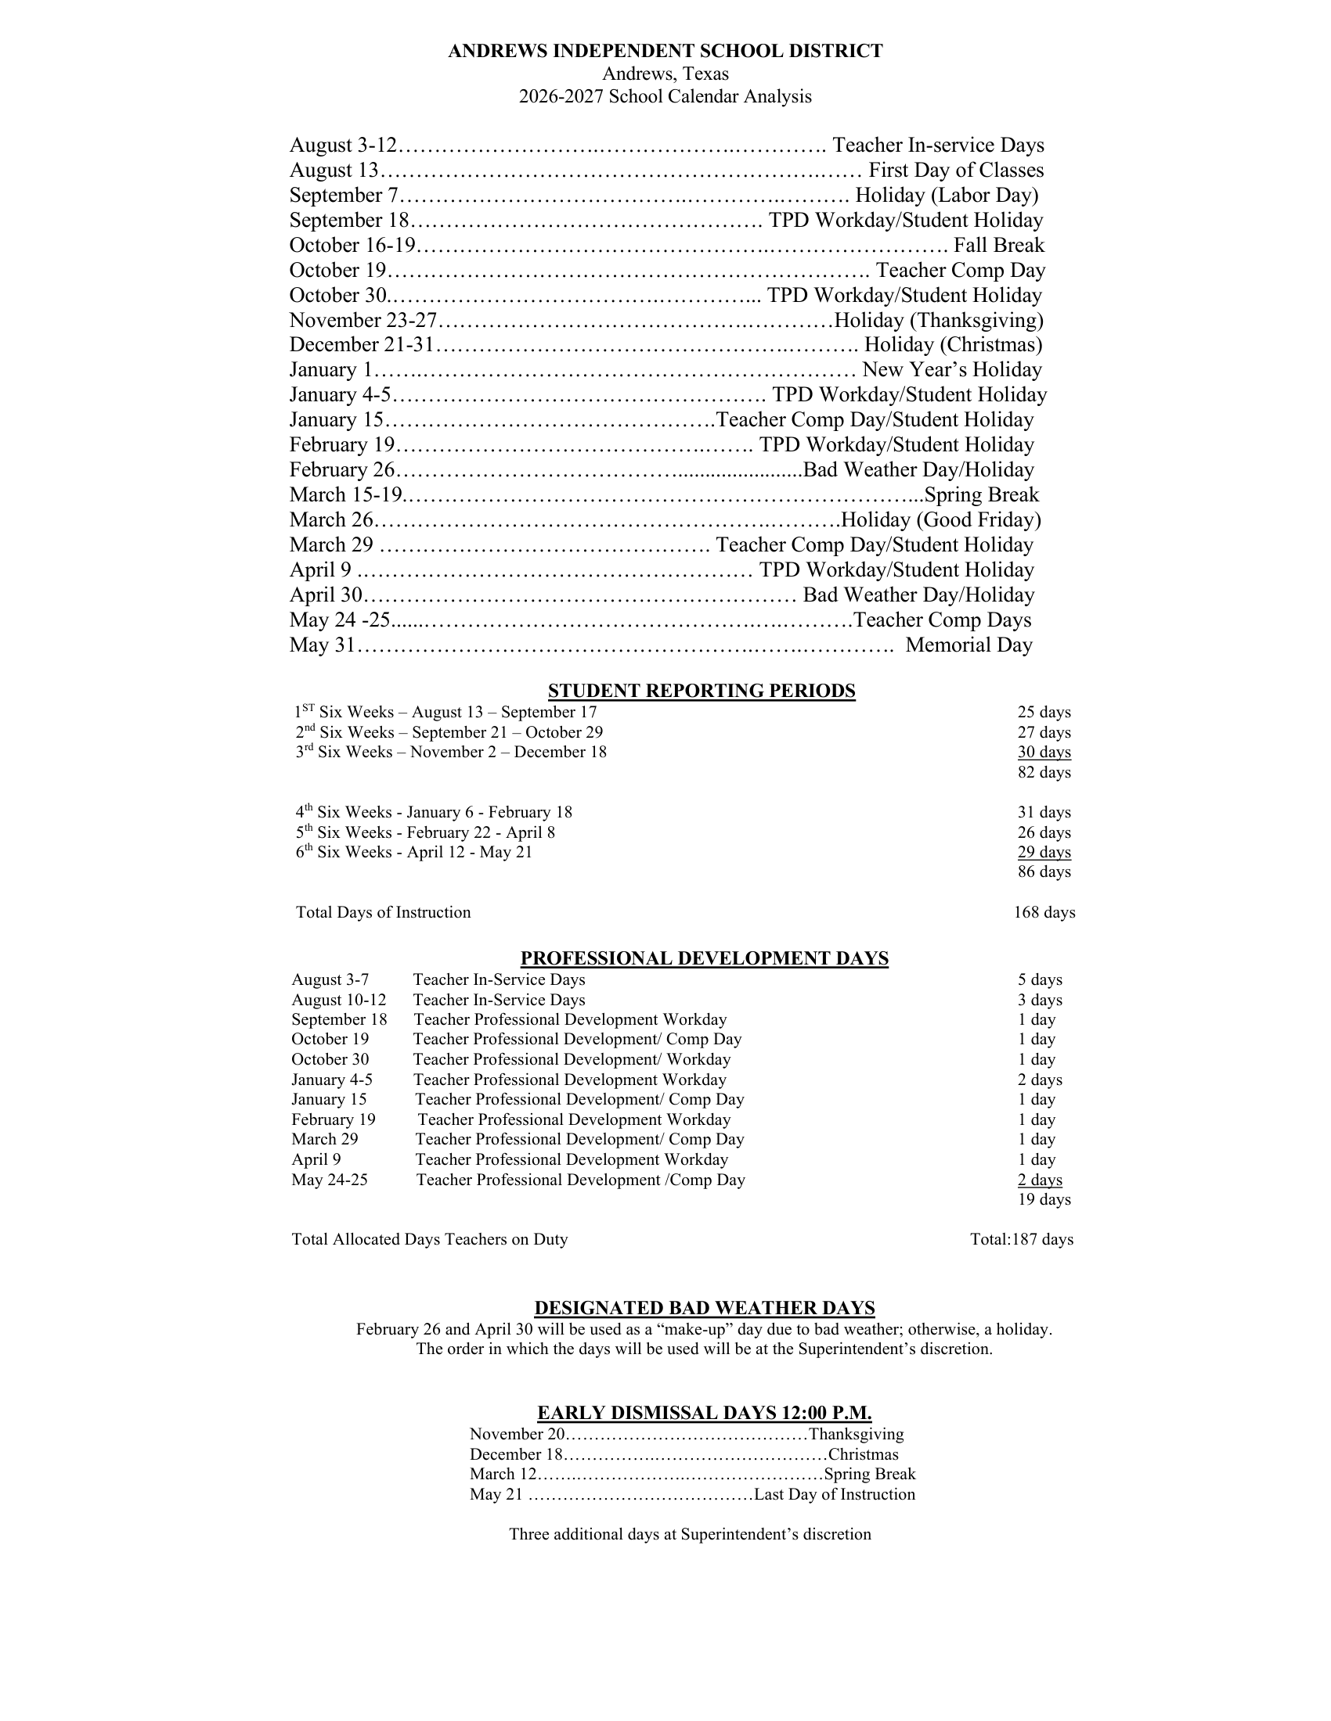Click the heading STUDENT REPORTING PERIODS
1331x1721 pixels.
point(701,691)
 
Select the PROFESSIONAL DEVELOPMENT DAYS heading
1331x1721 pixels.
point(704,958)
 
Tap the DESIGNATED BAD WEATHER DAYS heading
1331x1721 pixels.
point(704,1308)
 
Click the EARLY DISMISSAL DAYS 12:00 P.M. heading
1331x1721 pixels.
point(704,1413)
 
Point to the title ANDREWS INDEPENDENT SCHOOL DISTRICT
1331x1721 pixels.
point(665,51)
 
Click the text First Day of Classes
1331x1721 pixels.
point(956,171)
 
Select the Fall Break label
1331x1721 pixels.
point(998,245)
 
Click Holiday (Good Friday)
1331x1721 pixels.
point(940,520)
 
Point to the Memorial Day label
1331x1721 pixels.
point(968,645)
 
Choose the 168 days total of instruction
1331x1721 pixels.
point(1044,912)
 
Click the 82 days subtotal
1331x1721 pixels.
point(1044,772)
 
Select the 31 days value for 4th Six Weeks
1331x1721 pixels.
point(1044,813)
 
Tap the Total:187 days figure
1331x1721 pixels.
point(1021,1240)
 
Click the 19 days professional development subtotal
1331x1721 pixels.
point(1044,1199)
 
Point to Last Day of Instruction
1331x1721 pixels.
point(835,1495)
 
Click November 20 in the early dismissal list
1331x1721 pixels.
point(518,1434)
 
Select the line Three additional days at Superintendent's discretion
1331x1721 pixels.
point(690,1534)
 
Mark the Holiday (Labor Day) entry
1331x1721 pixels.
point(947,196)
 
